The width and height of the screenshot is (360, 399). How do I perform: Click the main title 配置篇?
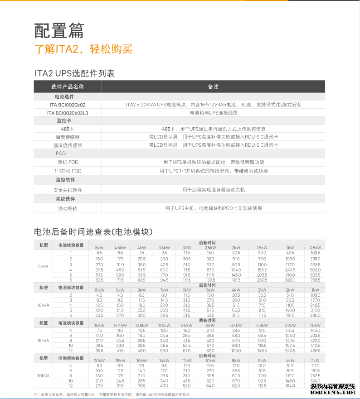59,30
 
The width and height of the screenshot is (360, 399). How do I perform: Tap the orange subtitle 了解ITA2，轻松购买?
83,49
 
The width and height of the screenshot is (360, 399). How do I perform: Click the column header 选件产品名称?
68,87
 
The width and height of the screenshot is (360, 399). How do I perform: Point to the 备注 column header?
213,87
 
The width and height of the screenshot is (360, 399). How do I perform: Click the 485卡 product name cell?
68,129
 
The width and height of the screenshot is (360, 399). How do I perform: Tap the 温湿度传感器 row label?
68,145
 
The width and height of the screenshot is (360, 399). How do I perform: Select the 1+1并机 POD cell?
68,171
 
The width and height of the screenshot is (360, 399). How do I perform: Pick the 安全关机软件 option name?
68,190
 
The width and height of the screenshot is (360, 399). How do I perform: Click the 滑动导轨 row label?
68,209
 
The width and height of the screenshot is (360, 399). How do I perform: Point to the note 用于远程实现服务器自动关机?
213,190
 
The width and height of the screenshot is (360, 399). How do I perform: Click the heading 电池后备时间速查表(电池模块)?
93,232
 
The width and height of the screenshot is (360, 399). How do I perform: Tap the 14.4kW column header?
120,325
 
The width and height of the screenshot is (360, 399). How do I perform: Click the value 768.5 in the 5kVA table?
315,280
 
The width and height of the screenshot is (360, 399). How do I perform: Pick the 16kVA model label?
43,340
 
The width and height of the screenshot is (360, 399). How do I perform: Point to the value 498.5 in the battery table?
315,351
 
